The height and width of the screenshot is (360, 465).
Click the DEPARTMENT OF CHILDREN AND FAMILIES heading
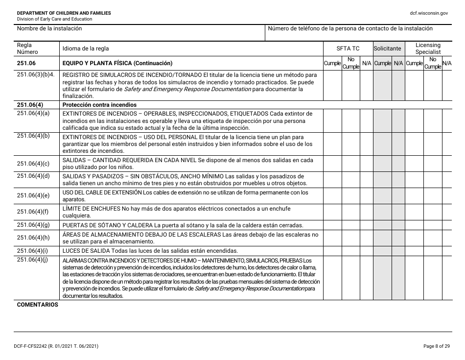point(64,13)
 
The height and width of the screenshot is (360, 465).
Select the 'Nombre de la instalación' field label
point(49,28)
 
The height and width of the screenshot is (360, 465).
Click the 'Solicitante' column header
point(388,48)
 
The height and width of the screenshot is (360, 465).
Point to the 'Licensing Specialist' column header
point(428,48)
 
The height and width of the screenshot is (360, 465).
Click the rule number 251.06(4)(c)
point(33,164)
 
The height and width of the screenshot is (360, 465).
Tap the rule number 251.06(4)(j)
point(33,260)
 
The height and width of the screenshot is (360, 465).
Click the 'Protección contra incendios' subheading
point(99,105)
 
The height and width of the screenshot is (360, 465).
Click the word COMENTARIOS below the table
point(37,305)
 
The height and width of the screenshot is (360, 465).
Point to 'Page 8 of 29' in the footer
point(436,346)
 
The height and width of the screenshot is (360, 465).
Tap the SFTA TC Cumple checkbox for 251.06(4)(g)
point(332,225)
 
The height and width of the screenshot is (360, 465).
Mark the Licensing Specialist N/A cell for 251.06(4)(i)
point(447,250)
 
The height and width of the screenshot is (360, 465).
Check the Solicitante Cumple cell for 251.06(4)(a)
point(382,120)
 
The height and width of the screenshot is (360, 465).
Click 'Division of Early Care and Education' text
point(54,19)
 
